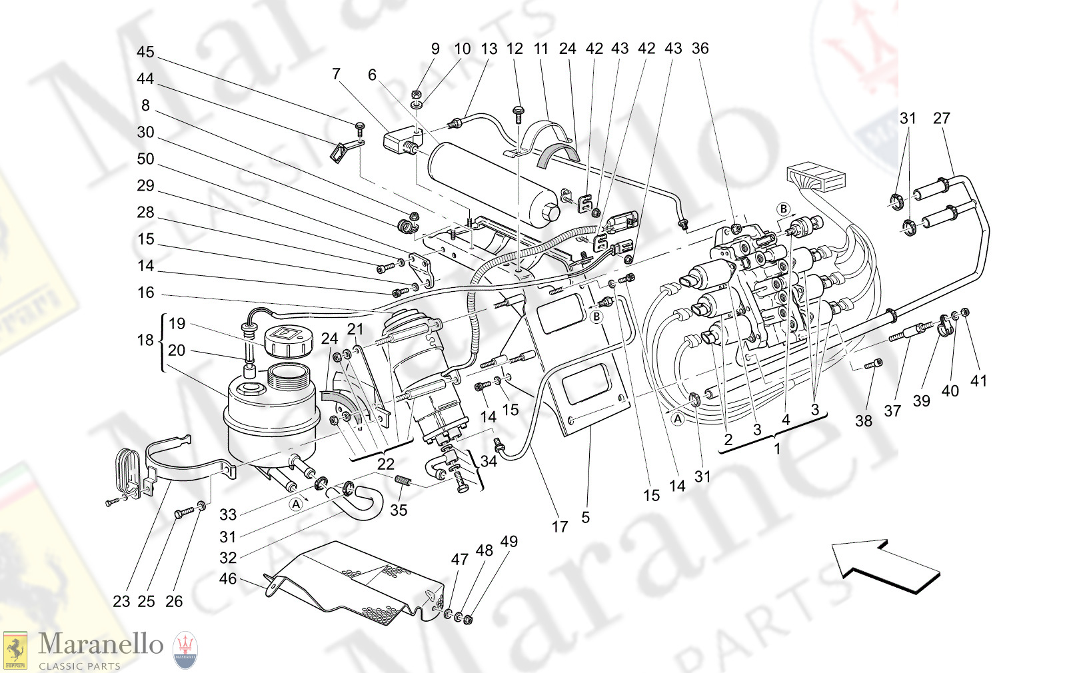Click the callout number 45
tap(145, 52)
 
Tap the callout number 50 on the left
tap(145, 159)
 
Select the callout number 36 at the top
tap(700, 48)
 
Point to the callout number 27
tap(941, 118)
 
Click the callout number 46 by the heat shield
tap(228, 578)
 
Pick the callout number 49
tap(509, 541)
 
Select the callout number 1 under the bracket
tap(777, 448)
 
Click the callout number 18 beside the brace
tap(145, 340)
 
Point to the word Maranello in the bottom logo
tap(101, 644)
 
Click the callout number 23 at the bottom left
tap(121, 601)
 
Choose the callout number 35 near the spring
tap(399, 510)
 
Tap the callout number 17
tap(560, 526)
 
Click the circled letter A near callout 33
tap(296, 504)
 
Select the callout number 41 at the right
tap(978, 380)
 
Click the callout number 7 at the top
tap(337, 73)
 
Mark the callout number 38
tap(864, 420)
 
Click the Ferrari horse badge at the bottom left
tap(15, 650)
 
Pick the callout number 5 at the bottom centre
tap(585, 517)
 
